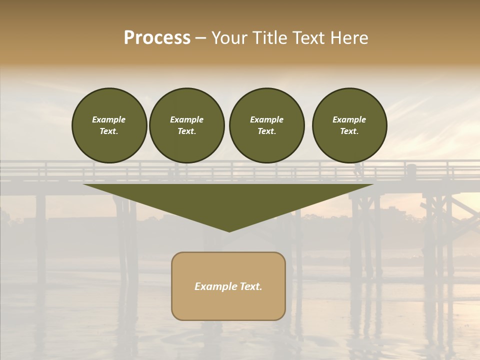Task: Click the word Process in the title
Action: point(157,38)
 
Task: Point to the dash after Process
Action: point(200,38)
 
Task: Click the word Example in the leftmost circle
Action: point(109,119)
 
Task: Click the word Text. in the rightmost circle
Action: point(349,131)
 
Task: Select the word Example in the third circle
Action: point(266,119)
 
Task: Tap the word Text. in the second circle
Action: point(186,131)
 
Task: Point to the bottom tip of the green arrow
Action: point(229,230)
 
